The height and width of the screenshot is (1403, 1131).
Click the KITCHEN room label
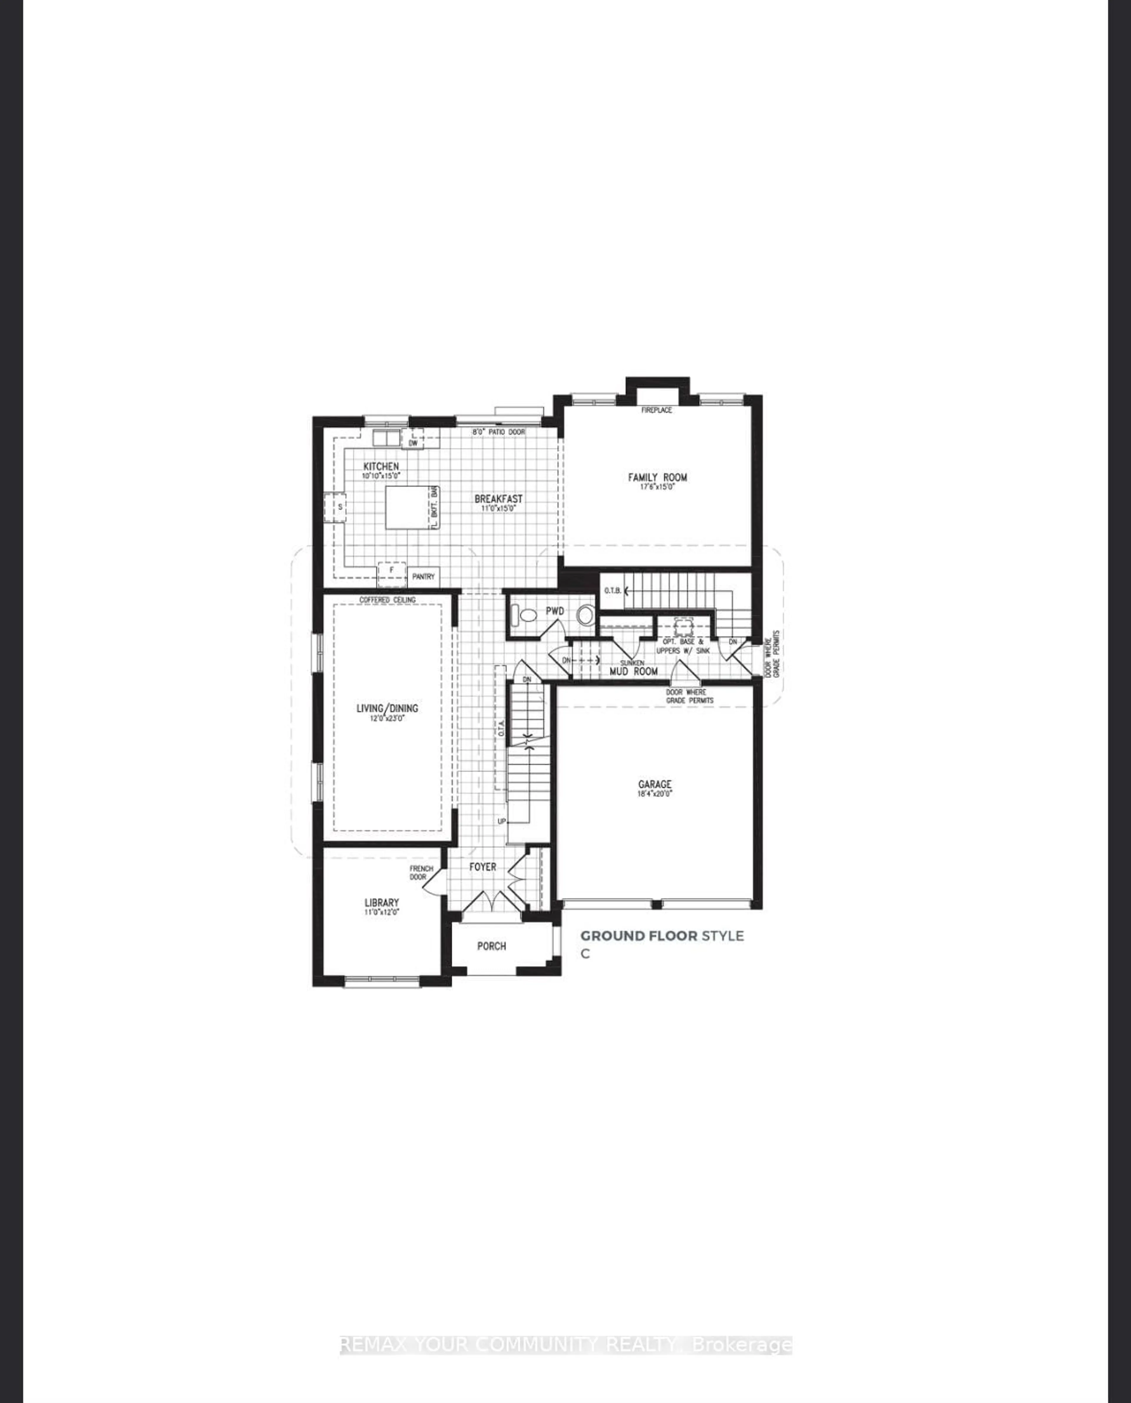click(381, 467)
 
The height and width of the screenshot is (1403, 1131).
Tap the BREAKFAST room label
click(498, 499)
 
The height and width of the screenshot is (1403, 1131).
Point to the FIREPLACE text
click(656, 410)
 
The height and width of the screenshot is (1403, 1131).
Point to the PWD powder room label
click(555, 611)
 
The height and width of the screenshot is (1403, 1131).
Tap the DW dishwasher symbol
click(412, 443)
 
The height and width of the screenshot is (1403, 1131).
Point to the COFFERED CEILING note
click(388, 600)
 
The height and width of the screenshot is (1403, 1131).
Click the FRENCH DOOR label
click(421, 873)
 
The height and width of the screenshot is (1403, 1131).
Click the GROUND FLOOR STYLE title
click(661, 936)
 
